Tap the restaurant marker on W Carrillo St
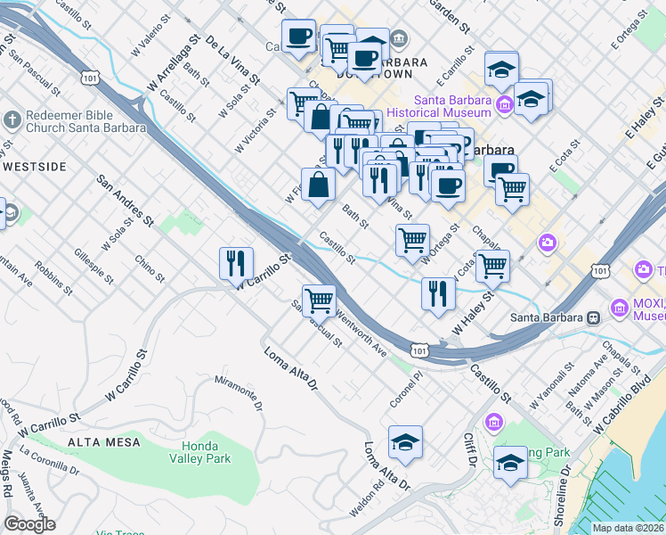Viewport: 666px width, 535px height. click(236, 263)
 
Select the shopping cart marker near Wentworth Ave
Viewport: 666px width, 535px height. click(319, 300)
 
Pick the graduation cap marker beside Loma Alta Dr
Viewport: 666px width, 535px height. click(405, 441)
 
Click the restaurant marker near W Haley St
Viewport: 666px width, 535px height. click(438, 293)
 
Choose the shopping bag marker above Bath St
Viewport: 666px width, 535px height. click(318, 186)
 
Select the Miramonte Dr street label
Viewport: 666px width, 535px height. click(240, 392)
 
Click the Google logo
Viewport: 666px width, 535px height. click(30, 524)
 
